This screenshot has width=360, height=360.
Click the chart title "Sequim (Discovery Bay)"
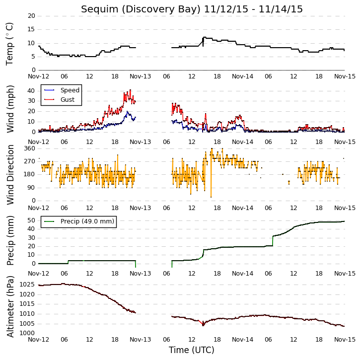point(141,9)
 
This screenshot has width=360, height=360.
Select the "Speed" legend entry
point(70,90)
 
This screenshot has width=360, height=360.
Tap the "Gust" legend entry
point(68,100)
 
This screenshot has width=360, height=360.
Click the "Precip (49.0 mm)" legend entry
point(87,221)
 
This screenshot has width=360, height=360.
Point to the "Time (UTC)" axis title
point(192,350)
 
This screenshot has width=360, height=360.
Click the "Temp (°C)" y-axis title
point(9,44)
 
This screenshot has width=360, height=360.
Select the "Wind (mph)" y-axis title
point(10,109)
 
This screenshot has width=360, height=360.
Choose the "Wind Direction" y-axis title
point(10,175)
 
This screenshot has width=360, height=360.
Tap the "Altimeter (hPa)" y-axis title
point(10,306)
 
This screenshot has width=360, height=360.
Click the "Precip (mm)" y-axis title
point(10,241)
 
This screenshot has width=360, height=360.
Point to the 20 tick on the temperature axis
point(31,16)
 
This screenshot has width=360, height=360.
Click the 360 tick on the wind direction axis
point(30,148)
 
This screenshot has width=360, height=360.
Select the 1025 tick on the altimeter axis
point(27,285)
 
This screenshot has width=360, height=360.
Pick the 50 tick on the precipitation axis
point(31,220)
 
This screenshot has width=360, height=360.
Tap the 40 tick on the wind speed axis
point(31,91)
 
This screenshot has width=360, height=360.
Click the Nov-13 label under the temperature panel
point(141,76)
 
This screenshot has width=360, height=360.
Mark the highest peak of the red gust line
point(130,90)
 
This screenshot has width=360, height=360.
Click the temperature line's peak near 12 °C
point(205,37)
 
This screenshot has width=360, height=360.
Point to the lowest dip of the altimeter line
point(203,325)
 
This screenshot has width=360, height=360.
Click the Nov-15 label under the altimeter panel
point(345,340)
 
